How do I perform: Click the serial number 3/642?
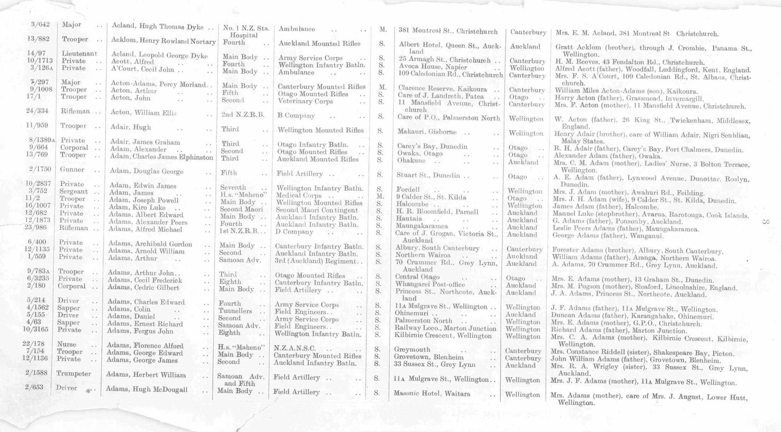(40, 24)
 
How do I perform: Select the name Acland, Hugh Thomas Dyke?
(157, 27)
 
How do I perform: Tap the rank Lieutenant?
(79, 54)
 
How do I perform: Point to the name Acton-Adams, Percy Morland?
(158, 84)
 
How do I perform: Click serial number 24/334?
(37, 111)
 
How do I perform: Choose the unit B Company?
(296, 116)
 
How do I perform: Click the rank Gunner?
(72, 169)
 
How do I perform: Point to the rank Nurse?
(67, 344)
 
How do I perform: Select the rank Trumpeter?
(73, 374)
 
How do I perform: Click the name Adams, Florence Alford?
(145, 346)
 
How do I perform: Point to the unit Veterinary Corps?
(305, 101)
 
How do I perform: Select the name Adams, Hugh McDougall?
(146, 389)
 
